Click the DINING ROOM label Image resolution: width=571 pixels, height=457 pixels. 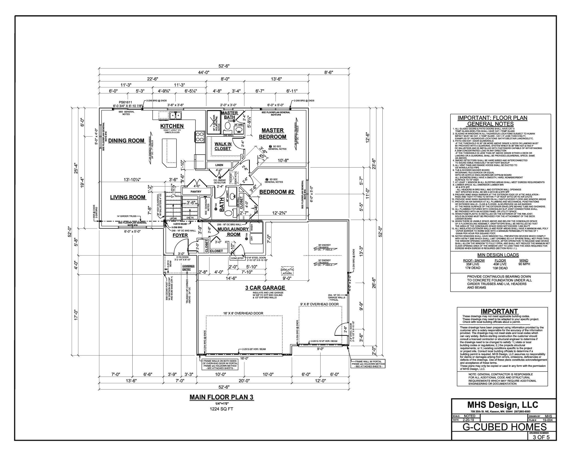click(126, 141)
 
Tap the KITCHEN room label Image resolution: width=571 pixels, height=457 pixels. click(172, 126)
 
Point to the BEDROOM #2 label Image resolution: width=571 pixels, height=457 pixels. click(277, 192)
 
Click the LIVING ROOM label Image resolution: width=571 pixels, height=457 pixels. click(128, 197)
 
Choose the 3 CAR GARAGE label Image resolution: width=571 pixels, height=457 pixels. click(265, 288)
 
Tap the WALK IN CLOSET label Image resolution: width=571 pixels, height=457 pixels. click(223, 146)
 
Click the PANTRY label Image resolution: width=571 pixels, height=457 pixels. click(196, 191)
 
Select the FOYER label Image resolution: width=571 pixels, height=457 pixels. click(180, 235)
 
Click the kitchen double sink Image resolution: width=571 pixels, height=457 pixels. click(175, 116)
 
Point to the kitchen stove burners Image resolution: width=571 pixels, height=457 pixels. click(200, 136)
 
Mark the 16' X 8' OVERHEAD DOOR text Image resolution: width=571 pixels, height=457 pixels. click(243, 313)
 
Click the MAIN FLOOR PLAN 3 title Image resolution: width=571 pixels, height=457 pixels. click(222, 397)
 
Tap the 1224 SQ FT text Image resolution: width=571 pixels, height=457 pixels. click(222, 409)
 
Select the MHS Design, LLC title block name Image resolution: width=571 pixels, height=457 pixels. click(503, 405)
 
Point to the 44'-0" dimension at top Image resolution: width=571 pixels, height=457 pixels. click(204, 72)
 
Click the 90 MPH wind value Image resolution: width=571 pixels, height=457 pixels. click(524, 264)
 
